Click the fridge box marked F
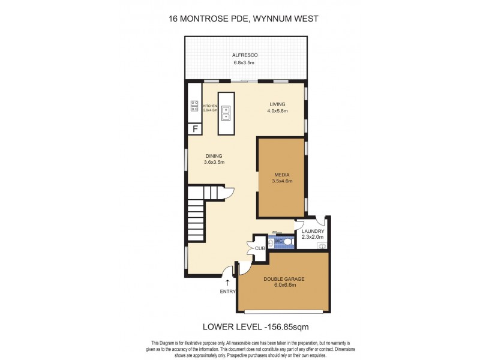point(194,129)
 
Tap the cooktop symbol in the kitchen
point(194,106)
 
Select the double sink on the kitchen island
point(226,112)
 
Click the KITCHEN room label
point(209,106)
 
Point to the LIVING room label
point(277,104)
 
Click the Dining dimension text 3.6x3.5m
point(214,162)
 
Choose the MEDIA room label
point(281,175)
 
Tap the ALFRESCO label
point(244,55)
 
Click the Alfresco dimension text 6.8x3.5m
point(244,62)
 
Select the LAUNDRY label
point(313,231)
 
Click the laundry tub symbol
point(322,246)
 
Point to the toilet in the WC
point(287,243)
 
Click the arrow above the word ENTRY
point(227,281)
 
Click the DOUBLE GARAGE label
point(283,278)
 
